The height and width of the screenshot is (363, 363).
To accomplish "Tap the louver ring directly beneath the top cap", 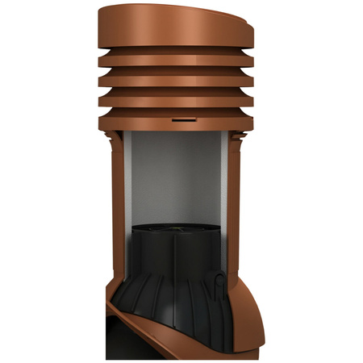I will click(177, 61).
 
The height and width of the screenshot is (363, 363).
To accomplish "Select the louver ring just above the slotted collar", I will click(177, 101).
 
